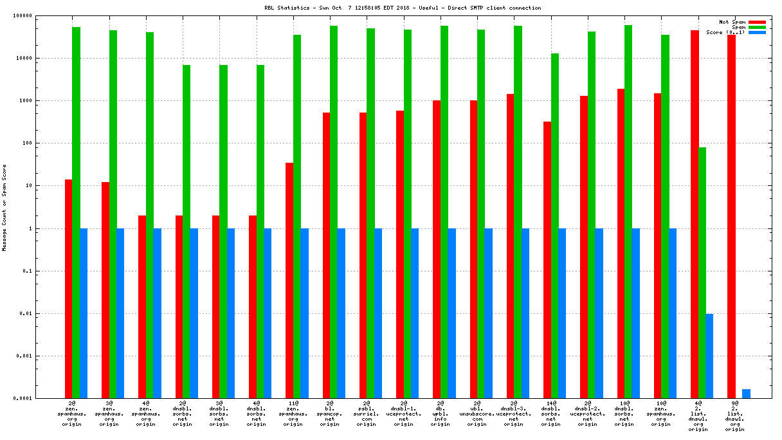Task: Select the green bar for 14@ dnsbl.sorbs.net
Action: pos(554,225)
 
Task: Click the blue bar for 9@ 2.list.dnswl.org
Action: pos(746,394)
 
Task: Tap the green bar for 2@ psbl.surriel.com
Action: pos(370,213)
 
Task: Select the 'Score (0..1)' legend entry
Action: pos(725,32)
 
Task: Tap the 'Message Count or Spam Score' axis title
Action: pos(5,206)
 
